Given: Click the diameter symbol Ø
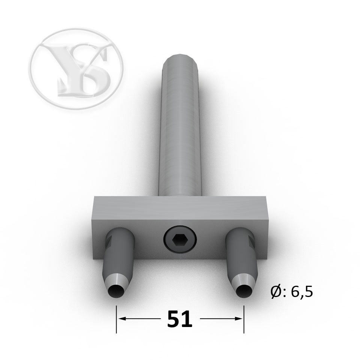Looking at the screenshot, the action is [276, 292].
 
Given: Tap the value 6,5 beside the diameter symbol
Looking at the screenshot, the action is [302, 292].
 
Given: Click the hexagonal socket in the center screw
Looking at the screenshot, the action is [180, 240].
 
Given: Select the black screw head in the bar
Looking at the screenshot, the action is [180, 240].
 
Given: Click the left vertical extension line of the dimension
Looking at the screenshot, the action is [116, 319].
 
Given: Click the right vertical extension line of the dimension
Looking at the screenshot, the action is [244, 319].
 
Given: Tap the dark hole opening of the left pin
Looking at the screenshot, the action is [116, 292].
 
